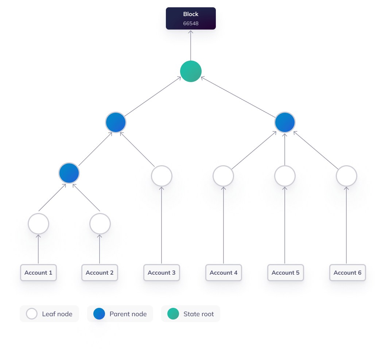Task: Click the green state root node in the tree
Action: point(191,71)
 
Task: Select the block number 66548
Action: point(191,23)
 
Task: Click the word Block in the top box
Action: point(191,14)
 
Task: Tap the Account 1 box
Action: point(38,273)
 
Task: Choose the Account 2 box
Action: point(100,273)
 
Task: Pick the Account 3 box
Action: point(162,273)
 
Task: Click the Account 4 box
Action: point(223,273)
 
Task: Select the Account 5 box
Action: point(285,273)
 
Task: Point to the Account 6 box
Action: point(347,273)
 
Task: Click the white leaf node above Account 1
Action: point(39,224)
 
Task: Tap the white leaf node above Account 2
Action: point(100,224)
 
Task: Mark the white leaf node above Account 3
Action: point(162,177)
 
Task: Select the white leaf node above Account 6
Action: point(346,177)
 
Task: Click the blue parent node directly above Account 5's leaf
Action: point(285,122)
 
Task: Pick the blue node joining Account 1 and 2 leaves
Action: point(69,173)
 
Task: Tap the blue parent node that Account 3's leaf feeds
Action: point(116,122)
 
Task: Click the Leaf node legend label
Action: point(57,314)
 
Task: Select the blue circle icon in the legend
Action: point(99,314)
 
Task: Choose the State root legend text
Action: point(198,314)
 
